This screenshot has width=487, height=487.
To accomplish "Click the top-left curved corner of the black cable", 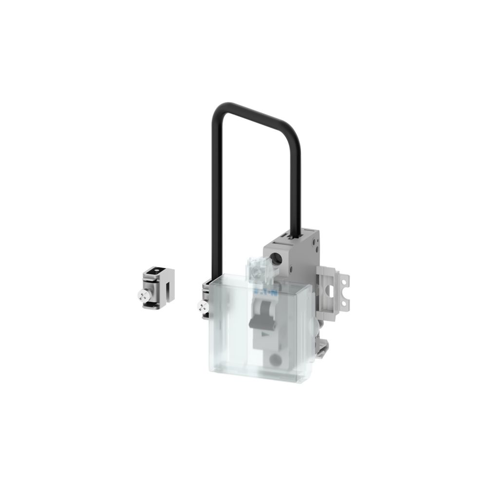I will pyautogui.click(x=215, y=110).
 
